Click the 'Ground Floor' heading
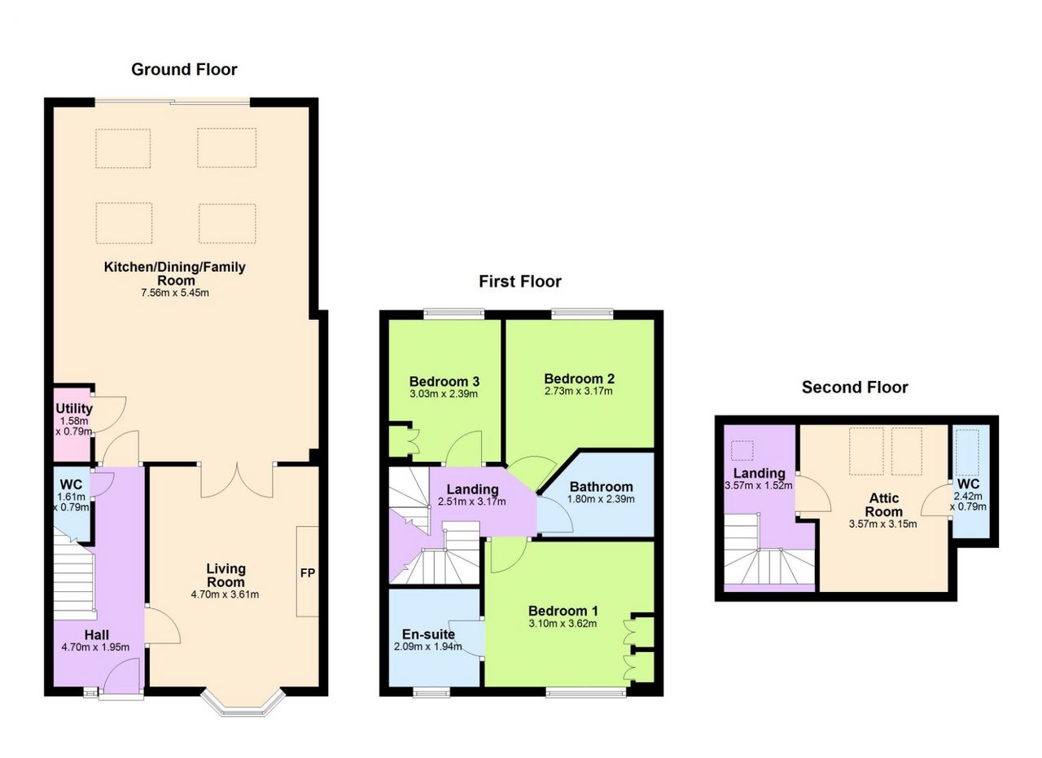click(x=184, y=69)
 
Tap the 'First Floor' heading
click(x=519, y=282)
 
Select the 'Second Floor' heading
click(x=854, y=388)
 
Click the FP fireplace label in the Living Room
click(x=308, y=573)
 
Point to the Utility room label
click(x=74, y=409)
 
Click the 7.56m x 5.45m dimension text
click(x=174, y=292)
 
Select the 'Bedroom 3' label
click(x=444, y=381)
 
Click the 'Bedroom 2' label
click(x=579, y=379)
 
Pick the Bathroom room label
click(x=601, y=487)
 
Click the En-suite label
click(x=428, y=635)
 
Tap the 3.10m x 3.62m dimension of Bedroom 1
click(x=563, y=624)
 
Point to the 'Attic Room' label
click(x=884, y=505)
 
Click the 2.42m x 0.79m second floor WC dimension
click(x=970, y=501)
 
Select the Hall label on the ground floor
click(x=96, y=635)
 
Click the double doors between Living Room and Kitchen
click(x=237, y=480)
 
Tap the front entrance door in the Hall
click(x=121, y=677)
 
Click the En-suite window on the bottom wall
click(x=431, y=693)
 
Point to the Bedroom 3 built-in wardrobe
click(x=401, y=440)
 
